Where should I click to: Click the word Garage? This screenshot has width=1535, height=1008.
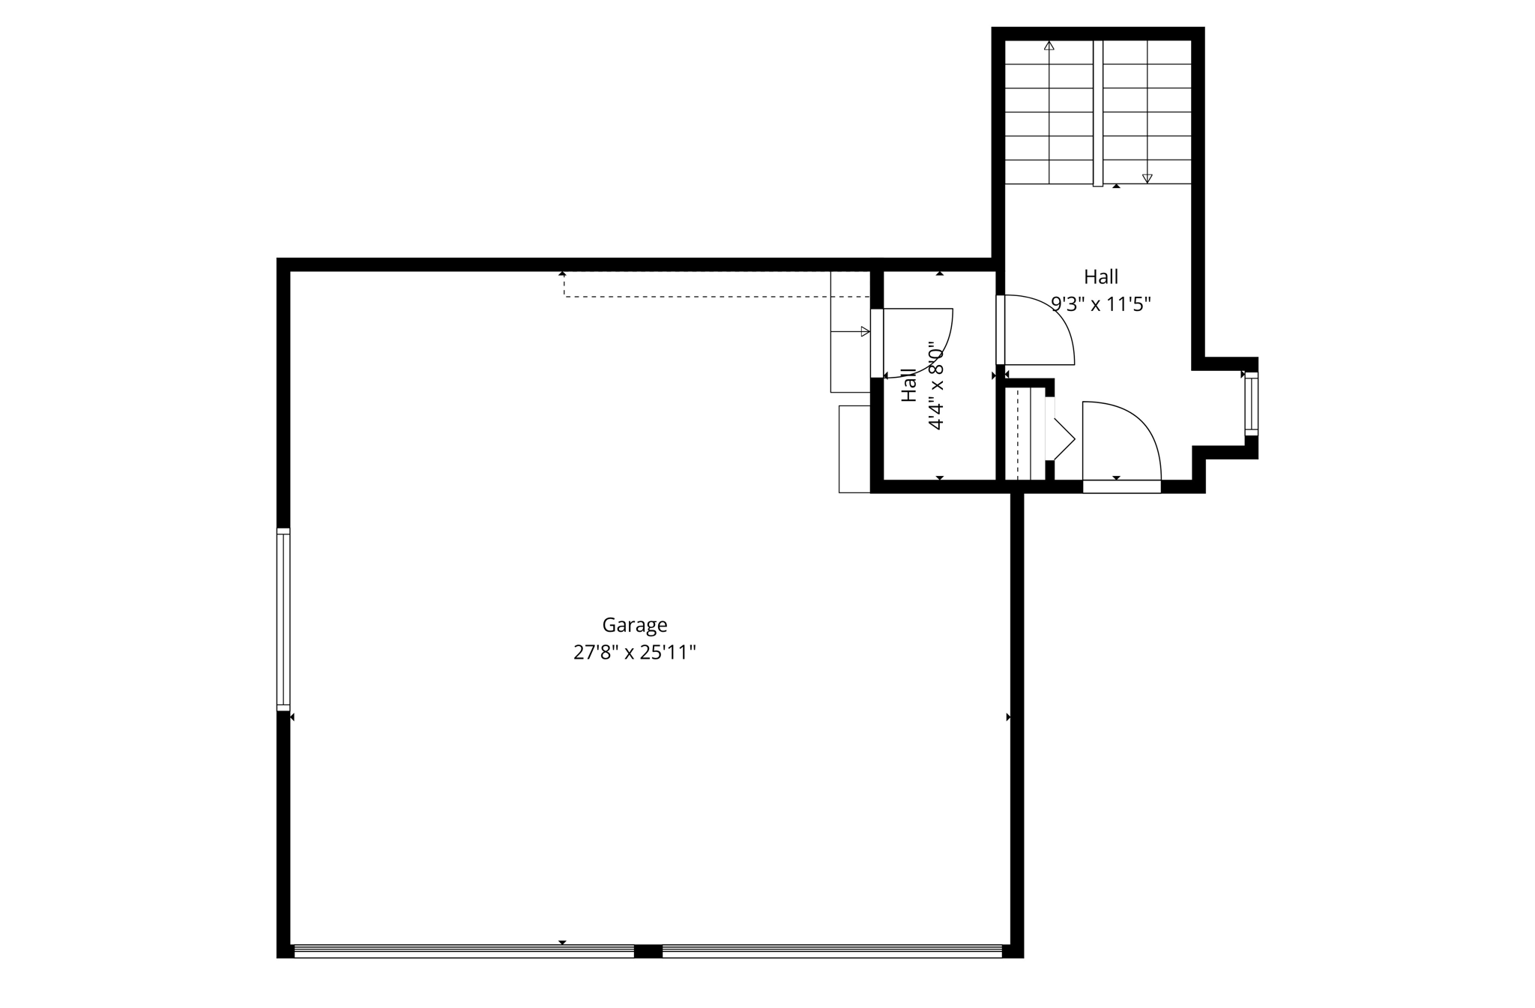pos(634,625)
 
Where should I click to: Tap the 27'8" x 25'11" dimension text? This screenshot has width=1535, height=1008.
pos(634,653)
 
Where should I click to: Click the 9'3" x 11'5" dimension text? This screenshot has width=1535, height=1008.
pos(1100,304)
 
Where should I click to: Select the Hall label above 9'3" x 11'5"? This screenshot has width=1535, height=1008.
pos(1100,277)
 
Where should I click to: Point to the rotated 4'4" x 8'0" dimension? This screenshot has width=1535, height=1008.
pos(935,387)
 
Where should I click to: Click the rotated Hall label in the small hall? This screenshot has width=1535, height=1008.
pos(908,385)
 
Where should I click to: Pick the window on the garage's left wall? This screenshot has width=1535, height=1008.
pos(283,619)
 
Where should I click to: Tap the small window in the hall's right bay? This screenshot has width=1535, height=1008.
pos(1251,404)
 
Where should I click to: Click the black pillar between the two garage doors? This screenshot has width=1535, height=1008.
pos(648,951)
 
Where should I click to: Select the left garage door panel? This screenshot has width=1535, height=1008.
pos(463,951)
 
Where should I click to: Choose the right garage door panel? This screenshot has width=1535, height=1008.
pos(832,951)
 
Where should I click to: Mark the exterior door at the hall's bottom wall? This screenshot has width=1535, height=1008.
pos(1122,486)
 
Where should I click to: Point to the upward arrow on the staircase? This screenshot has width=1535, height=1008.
pos(1049,46)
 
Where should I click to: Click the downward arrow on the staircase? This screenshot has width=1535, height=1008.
pos(1147,178)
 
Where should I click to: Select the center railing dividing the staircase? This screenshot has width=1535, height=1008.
pos(1097,112)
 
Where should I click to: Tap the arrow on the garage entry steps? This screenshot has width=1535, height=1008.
pos(864,331)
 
